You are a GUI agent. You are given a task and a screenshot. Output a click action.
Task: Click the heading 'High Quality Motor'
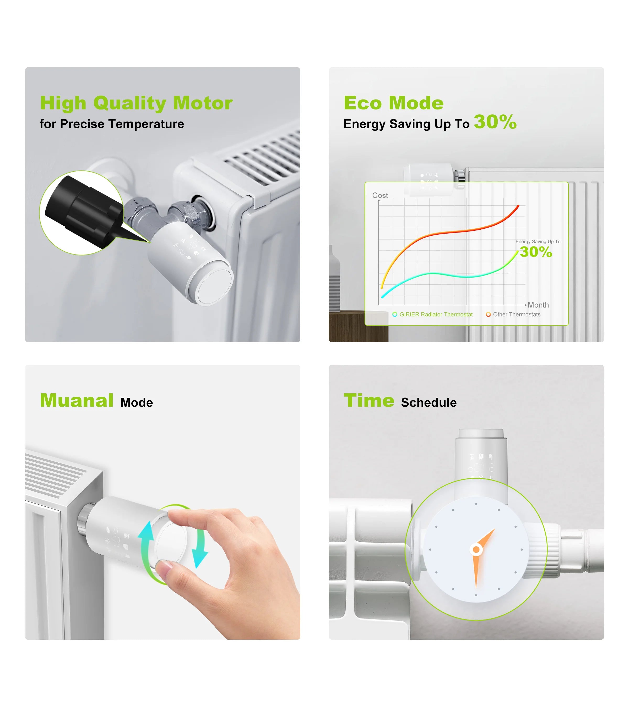(136, 103)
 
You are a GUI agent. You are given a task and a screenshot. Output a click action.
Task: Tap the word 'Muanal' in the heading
(77, 401)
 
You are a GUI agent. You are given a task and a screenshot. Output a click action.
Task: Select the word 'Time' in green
(369, 401)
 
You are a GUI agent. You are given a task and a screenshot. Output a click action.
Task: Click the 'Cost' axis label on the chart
(380, 195)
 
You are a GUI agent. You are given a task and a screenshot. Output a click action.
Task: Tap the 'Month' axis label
(538, 305)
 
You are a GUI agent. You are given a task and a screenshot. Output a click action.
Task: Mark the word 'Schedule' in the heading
(429, 403)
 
